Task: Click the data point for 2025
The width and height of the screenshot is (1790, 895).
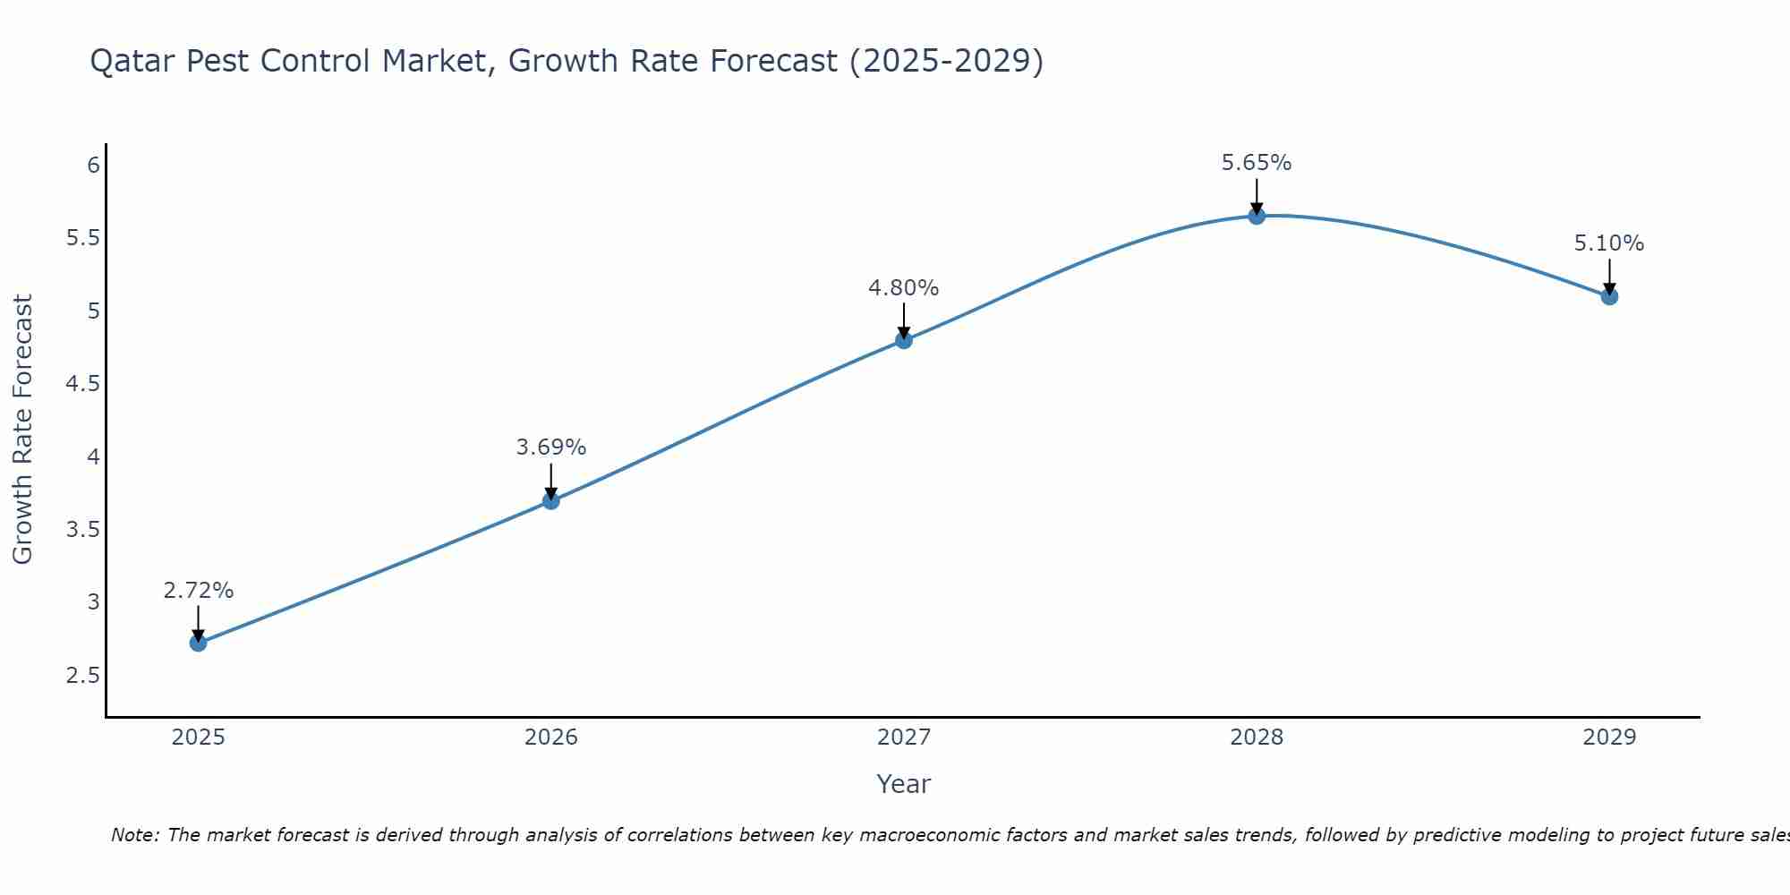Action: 199,643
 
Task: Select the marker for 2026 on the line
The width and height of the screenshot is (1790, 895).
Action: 551,501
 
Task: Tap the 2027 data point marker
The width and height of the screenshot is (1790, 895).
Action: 904,340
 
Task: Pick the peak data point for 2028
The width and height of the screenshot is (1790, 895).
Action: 1257,216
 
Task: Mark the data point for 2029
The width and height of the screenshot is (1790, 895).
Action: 1609,296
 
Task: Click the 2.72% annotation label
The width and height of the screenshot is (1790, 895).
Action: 199,591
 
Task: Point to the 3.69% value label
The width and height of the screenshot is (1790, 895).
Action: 551,447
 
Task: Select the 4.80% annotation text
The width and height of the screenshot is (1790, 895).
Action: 904,288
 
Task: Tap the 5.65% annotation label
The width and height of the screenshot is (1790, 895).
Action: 1257,163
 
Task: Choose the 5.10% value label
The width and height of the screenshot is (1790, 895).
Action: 1609,243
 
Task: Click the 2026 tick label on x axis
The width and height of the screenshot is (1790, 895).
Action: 551,737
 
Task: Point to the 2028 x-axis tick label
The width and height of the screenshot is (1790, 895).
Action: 1257,737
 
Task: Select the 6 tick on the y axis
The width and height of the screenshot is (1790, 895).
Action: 93,166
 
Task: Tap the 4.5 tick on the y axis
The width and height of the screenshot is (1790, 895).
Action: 83,384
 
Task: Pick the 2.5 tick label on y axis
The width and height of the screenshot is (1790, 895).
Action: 83,676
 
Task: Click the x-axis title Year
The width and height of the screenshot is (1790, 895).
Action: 904,784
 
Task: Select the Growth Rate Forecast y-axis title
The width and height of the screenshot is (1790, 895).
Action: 22,430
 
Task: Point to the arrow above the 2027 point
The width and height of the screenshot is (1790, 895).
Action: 904,320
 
